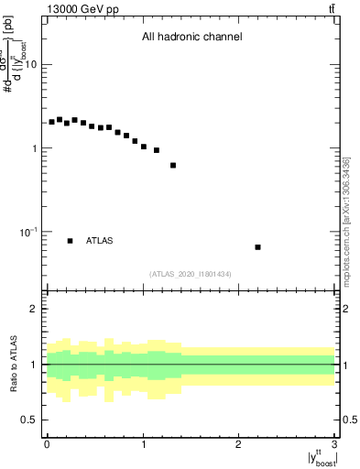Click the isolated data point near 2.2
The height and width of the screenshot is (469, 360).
(258, 247)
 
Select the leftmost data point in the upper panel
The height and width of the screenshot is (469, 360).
(52, 122)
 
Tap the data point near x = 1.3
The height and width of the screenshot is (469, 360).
(173, 166)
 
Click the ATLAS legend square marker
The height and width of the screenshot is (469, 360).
(70, 241)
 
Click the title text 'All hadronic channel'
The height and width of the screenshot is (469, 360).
(191, 38)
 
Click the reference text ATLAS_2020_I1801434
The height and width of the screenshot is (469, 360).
(191, 274)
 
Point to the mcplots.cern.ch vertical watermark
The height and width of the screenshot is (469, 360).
(347, 221)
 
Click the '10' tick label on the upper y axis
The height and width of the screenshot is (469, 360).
(31, 65)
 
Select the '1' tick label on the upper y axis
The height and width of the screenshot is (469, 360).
(35, 148)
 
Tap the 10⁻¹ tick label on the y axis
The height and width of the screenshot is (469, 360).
(28, 232)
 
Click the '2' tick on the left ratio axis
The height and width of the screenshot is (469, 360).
(35, 309)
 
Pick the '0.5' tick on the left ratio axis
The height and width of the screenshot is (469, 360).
(30, 420)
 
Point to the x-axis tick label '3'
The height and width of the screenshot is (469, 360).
(334, 444)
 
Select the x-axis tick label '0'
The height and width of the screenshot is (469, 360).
(47, 444)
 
